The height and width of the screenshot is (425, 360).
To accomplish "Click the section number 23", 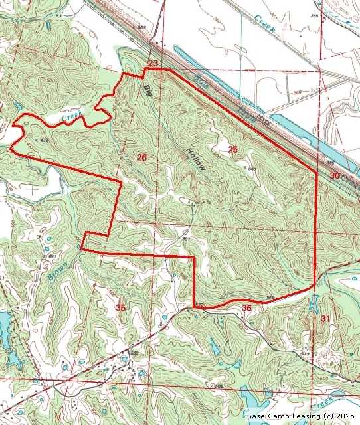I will [153, 63].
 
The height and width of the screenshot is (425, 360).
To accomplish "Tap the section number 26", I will [141, 157].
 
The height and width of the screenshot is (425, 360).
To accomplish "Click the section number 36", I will [246, 308].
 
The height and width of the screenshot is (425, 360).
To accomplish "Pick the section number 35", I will [120, 307].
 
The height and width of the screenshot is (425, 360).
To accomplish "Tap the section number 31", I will [325, 319].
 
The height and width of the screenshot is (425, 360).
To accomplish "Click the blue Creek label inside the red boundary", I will [72, 118].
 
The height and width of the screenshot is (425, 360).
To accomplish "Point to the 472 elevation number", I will [44, 141].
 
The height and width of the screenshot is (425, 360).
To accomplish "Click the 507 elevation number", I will [187, 239].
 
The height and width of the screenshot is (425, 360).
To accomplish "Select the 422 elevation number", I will [199, 305].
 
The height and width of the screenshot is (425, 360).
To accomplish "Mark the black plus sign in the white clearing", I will [32, 188].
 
